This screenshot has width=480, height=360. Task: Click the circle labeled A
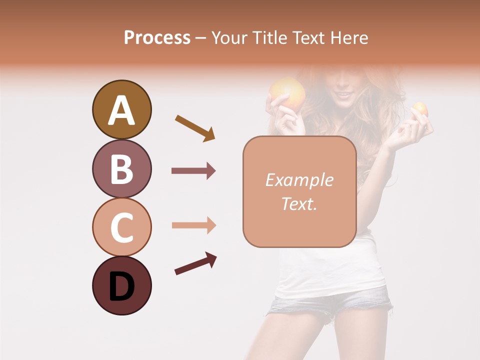121,109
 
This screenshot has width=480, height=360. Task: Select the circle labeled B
121,168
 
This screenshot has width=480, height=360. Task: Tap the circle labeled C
121,227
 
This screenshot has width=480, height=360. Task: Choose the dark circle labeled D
121,286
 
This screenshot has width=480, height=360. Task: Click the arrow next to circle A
195,128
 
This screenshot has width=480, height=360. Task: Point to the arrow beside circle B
193,171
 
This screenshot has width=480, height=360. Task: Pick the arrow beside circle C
193,225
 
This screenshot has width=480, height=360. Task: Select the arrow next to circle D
195,263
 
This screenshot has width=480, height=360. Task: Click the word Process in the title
157,37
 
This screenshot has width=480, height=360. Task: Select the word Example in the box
299,180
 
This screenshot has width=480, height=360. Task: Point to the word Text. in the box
299,203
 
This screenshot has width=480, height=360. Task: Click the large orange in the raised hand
287,92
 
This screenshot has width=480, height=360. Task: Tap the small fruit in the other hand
419,109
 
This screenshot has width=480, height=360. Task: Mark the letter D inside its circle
121,287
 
